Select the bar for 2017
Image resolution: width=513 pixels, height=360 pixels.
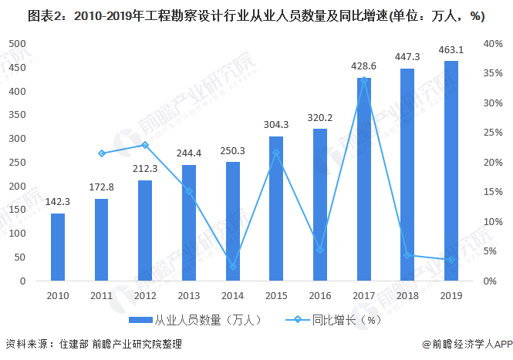363,179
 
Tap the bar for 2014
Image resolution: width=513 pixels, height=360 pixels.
233,221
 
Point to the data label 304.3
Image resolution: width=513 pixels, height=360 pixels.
276,125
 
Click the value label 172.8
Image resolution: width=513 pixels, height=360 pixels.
102,187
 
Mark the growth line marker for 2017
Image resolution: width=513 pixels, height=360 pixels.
363,79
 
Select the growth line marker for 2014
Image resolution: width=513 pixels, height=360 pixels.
233,267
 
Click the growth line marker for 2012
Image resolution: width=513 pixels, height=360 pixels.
145,145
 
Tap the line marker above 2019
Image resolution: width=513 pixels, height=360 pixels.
451,260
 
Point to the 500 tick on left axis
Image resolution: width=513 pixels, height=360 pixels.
18,44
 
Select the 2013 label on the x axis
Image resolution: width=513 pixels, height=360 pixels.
189,294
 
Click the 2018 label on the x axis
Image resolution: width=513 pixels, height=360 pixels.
407,294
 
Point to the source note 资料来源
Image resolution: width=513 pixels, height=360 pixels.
93,345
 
